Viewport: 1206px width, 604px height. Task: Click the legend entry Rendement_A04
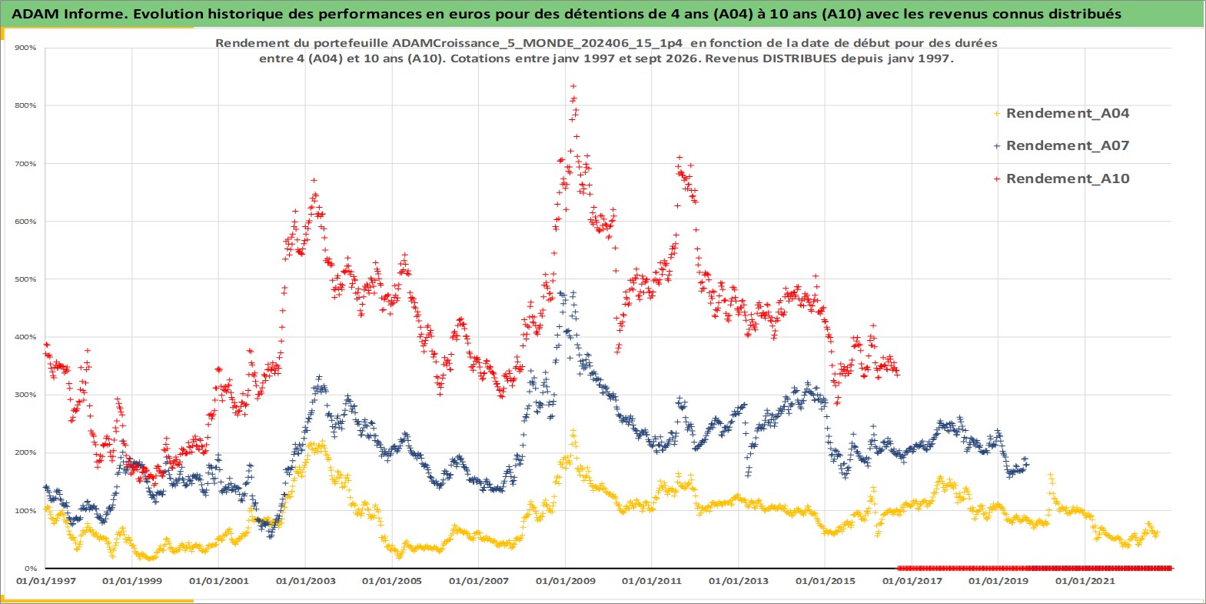[x=1061, y=113]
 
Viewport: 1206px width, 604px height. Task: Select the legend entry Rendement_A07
[x=1061, y=145]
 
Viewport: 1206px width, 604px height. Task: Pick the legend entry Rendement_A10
[x=1061, y=179]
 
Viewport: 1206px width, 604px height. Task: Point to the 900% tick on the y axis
[x=25, y=48]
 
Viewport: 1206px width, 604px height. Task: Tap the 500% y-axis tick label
[x=25, y=279]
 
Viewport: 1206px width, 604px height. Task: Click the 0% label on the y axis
[x=30, y=569]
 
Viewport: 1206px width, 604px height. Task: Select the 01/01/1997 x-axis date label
[x=46, y=582]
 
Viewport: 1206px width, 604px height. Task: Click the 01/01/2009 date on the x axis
[x=565, y=582]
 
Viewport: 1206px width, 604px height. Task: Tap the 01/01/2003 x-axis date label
[x=305, y=582]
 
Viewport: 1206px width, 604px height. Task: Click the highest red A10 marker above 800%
[x=573, y=86]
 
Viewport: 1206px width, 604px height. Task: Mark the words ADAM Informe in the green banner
[x=68, y=14]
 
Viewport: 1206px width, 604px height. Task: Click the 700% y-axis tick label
[x=25, y=163]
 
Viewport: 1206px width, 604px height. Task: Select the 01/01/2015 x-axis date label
[x=825, y=582]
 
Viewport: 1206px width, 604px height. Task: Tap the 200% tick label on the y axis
[x=25, y=452]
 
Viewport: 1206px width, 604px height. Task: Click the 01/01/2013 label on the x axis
[x=738, y=582]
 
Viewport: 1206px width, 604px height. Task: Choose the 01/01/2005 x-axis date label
[x=392, y=582]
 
